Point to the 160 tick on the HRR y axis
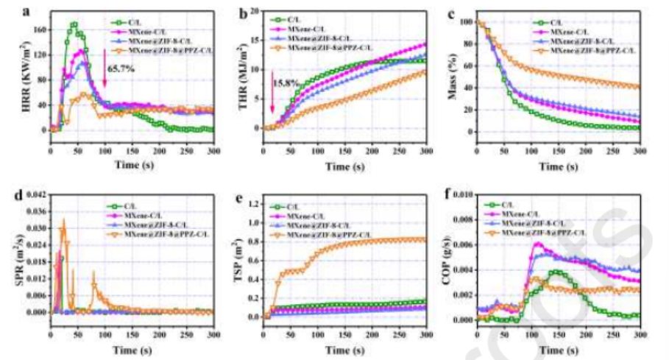click(39, 30)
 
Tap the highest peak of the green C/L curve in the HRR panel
click(74, 25)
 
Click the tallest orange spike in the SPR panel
click(63, 219)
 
